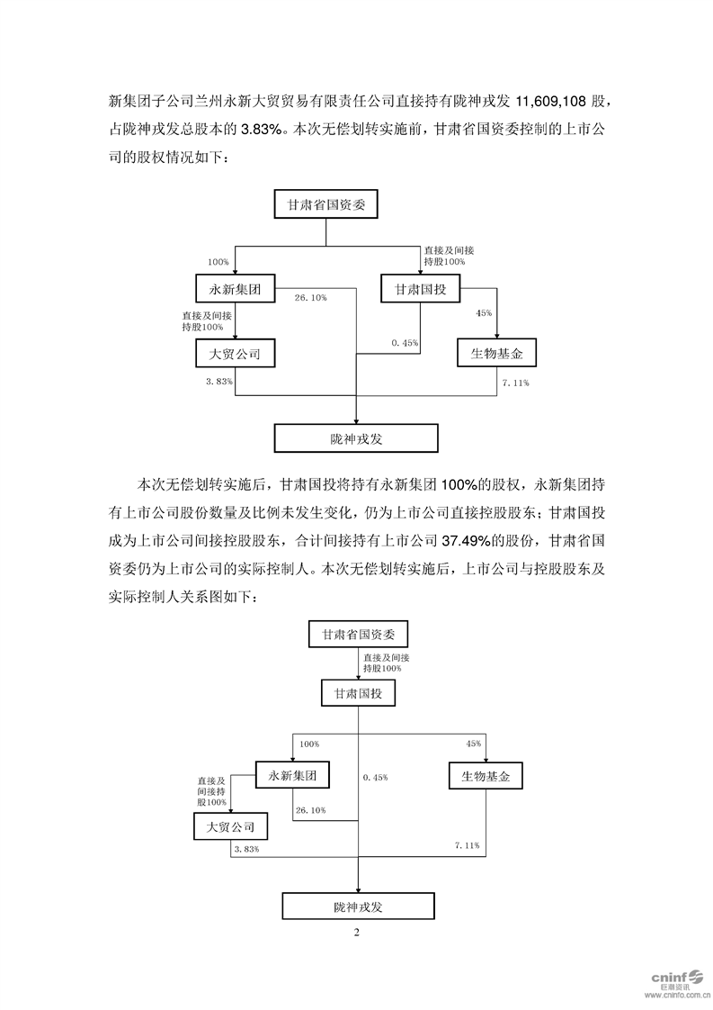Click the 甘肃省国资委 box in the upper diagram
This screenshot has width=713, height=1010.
[x=326, y=204]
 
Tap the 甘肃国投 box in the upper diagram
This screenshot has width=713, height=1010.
[x=421, y=290]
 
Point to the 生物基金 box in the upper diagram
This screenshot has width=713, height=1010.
[x=496, y=354]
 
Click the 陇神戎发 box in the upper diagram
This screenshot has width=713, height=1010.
[x=357, y=437]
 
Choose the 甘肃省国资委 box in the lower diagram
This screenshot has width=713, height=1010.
[x=358, y=634]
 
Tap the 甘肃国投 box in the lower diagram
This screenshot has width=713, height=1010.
[x=358, y=694]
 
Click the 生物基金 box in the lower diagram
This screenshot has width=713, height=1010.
[x=486, y=774]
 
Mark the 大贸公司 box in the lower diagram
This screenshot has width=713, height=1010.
[x=230, y=826]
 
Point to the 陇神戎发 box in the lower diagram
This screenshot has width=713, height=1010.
[x=358, y=906]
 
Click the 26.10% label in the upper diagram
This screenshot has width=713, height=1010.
[x=310, y=297]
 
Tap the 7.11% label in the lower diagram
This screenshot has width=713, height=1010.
[x=467, y=846]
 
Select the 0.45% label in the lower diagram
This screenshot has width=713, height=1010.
[x=374, y=776]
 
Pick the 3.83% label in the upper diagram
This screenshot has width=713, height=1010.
[x=219, y=383]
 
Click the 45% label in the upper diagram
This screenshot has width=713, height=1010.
[x=484, y=312]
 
